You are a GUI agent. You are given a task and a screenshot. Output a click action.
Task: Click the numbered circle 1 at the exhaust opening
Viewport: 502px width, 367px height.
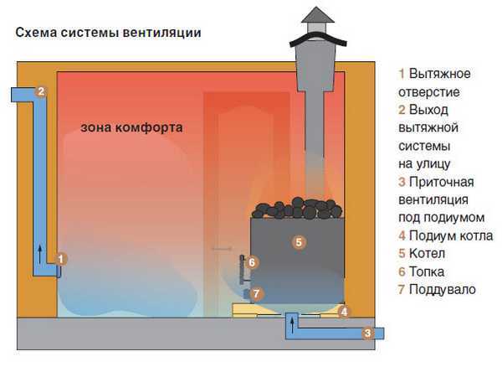click(61, 259)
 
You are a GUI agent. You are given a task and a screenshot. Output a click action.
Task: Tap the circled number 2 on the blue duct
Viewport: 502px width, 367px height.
click(41, 91)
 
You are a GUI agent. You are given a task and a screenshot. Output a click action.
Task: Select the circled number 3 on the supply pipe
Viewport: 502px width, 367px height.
click(368, 333)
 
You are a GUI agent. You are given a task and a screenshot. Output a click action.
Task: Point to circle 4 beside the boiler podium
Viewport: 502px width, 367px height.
click(344, 312)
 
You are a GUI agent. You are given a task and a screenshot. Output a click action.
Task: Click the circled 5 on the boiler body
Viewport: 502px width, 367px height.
click(299, 242)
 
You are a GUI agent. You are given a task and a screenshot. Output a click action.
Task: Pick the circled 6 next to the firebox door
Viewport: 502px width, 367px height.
click(252, 262)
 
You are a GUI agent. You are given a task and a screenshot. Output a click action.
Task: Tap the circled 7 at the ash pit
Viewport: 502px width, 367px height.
click(256, 293)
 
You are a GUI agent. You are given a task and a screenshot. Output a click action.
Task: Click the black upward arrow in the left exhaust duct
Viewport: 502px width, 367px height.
click(39, 255)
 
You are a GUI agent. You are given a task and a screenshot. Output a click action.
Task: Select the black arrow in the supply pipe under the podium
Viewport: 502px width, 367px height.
click(292, 325)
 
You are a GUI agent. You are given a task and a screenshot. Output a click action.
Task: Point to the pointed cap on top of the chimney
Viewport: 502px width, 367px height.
click(317, 16)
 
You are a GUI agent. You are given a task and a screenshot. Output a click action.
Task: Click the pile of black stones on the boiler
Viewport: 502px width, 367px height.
click(297, 208)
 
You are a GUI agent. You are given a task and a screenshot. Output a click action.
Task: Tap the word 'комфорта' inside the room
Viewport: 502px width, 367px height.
click(149, 128)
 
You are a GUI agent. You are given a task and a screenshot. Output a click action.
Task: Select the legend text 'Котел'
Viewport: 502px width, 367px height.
click(427, 254)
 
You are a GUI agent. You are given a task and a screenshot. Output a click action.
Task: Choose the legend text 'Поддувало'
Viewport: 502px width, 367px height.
click(442, 290)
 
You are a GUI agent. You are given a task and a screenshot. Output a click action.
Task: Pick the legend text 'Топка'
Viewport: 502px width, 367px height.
click(427, 271)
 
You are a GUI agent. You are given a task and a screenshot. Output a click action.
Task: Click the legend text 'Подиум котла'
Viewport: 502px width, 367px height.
click(451, 236)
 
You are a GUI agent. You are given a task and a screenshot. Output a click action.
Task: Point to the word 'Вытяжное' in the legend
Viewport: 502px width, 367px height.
click(439, 74)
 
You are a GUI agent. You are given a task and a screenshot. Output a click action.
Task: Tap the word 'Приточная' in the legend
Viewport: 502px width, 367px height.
click(441, 182)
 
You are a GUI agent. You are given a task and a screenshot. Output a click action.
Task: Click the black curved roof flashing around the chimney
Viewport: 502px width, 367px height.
click(318, 39)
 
